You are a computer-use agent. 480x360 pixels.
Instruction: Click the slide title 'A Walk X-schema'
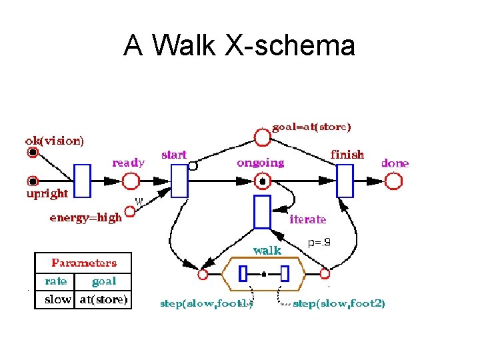(239, 46)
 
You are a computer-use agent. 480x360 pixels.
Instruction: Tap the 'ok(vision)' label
(55, 141)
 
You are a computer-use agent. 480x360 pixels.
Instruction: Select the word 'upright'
(47, 193)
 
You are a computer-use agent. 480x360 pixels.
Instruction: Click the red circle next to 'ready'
(131, 181)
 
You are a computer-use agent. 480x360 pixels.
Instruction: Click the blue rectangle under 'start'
(179, 181)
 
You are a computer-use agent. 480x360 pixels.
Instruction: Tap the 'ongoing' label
(260, 163)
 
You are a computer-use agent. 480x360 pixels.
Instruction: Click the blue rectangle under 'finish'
(345, 181)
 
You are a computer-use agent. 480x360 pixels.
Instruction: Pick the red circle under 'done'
(395, 181)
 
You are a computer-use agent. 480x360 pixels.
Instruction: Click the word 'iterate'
(307, 219)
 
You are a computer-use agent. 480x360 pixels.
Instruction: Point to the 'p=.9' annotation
(319, 243)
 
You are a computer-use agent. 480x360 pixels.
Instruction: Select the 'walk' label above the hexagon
(267, 251)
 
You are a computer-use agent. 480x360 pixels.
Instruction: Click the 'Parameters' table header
(84, 263)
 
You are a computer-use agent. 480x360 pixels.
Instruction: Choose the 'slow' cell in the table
(57, 299)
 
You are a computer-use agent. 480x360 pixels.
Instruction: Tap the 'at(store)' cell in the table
(104, 299)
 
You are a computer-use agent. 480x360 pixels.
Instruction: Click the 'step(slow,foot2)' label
(339, 303)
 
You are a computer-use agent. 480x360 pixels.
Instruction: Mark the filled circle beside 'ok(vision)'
(32, 153)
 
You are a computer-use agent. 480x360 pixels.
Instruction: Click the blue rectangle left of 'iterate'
(263, 212)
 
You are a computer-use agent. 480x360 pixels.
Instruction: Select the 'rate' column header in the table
(56, 281)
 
